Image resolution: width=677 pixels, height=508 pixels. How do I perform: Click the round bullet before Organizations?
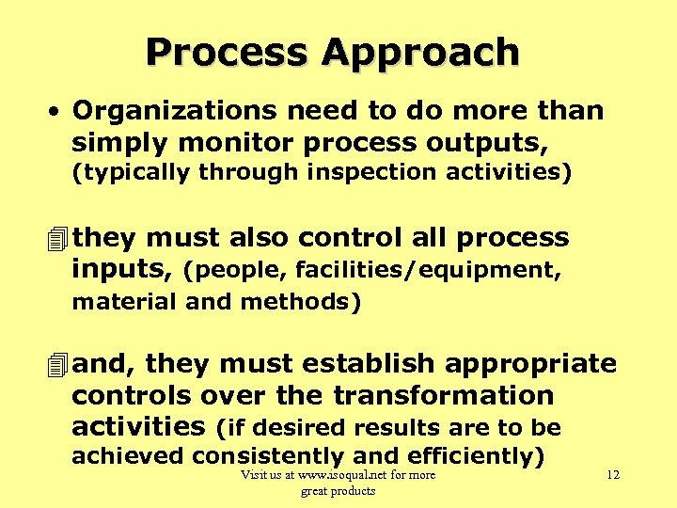[x=57, y=111]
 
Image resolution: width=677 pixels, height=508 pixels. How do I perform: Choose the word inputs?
[x=119, y=270]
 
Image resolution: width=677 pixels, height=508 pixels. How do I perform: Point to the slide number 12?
[x=612, y=475]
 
